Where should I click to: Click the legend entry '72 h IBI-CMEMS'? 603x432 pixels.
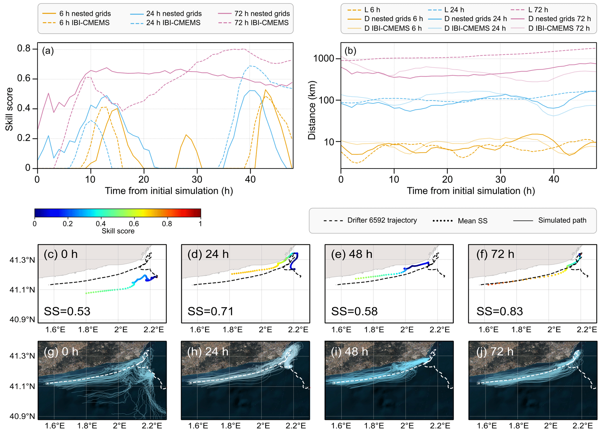pyautogui.click(x=261, y=23)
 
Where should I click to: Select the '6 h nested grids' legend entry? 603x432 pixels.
pyautogui.click(x=85, y=14)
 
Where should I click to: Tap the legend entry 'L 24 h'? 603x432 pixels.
pyautogui.click(x=454, y=10)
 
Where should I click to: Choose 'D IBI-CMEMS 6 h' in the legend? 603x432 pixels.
pyautogui.click(x=393, y=28)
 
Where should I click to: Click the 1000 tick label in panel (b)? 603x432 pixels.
pyautogui.click(x=323, y=59)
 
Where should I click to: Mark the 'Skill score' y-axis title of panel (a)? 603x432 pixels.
pyautogui.click(x=9, y=109)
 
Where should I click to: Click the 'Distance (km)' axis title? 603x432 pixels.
pyautogui.click(x=312, y=110)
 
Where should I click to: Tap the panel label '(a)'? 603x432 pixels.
pyautogui.click(x=48, y=51)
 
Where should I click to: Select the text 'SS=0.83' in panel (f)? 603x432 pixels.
pyautogui.click(x=499, y=311)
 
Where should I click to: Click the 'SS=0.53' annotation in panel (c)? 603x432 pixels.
pyautogui.click(x=67, y=311)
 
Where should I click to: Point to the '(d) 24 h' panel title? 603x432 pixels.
pyautogui.click(x=208, y=254)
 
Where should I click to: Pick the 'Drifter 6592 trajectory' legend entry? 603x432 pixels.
pyautogui.click(x=382, y=220)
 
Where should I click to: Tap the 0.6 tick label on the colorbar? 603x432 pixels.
pyautogui.click(x=134, y=224)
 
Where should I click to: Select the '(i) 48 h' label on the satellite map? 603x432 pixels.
pyautogui.click(x=349, y=352)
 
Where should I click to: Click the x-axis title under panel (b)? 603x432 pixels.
pyautogui.click(x=471, y=191)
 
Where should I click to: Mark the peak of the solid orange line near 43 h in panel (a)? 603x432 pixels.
pyautogui.click(x=265, y=90)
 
